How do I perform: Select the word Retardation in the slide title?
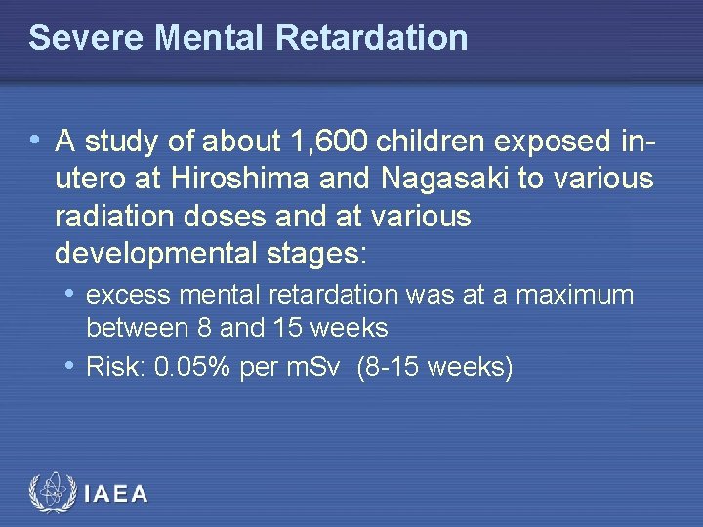click(x=372, y=38)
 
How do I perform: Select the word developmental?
click(x=156, y=254)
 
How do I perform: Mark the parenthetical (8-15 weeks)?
click(x=434, y=368)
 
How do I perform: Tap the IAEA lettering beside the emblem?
click(x=116, y=494)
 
